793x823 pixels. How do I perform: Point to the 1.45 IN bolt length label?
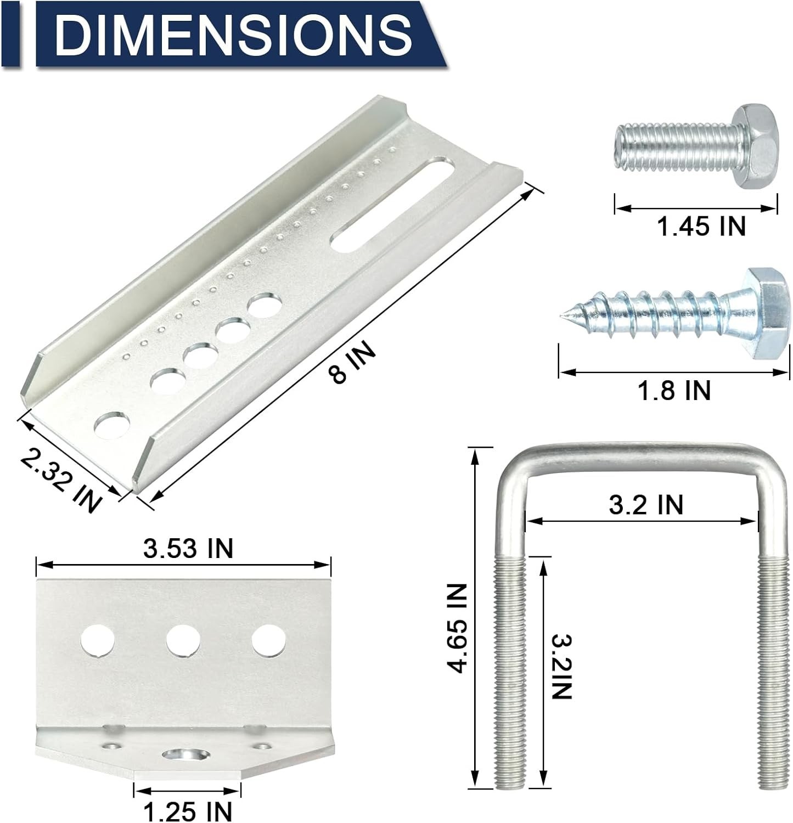[x=701, y=226]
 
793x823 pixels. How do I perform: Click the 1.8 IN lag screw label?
[x=674, y=391]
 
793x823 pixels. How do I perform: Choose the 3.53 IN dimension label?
[x=188, y=548]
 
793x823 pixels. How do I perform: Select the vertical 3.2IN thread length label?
[x=561, y=666]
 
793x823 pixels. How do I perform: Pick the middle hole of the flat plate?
[x=183, y=641]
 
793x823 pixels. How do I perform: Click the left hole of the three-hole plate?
[x=98, y=641]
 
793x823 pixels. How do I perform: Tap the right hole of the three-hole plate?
[x=268, y=641]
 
